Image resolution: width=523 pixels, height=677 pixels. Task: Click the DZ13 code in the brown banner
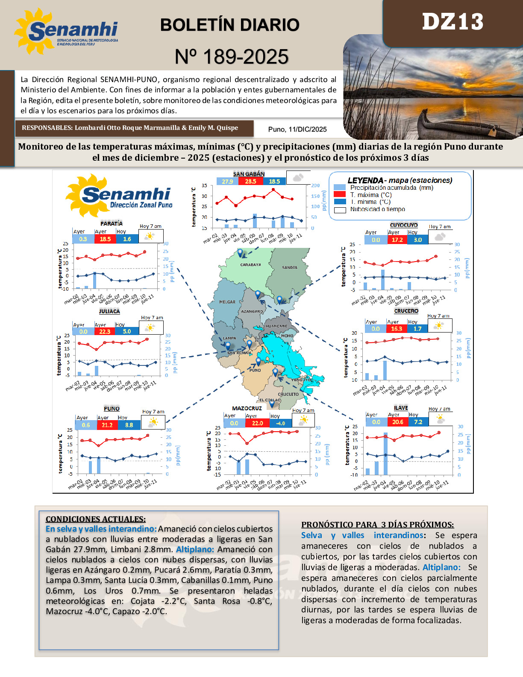tap(452, 22)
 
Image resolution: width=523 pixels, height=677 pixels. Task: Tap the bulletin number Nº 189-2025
tap(232, 57)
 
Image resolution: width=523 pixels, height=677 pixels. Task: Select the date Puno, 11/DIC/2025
tap(297, 129)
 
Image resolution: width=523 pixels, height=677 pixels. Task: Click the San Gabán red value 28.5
tap(250, 181)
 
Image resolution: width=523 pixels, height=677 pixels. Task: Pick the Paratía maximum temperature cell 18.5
tap(105, 239)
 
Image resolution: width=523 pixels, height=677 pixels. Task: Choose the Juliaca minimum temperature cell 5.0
tap(127, 331)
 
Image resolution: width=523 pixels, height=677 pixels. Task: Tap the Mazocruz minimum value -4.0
tap(280, 423)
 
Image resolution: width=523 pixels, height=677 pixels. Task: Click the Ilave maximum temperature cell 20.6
tap(397, 422)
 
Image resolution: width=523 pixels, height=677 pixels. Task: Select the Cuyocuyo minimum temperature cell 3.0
tap(417, 240)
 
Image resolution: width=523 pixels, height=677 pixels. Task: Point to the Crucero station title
tap(406, 311)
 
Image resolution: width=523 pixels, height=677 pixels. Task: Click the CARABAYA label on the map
tap(250, 265)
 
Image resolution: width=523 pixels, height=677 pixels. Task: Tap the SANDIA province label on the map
tap(290, 268)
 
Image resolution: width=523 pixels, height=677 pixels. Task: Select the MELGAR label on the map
tap(227, 302)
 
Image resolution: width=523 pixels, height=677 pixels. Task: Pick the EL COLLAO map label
tap(270, 400)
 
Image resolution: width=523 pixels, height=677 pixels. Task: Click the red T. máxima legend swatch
tap(340, 194)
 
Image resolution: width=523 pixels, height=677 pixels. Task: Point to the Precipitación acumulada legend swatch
tap(340, 187)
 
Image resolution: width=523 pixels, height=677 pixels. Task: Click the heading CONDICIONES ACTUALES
tap(96, 519)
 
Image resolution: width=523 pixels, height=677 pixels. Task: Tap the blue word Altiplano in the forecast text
tap(441, 567)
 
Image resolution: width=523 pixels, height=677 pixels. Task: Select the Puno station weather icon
tap(153, 422)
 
